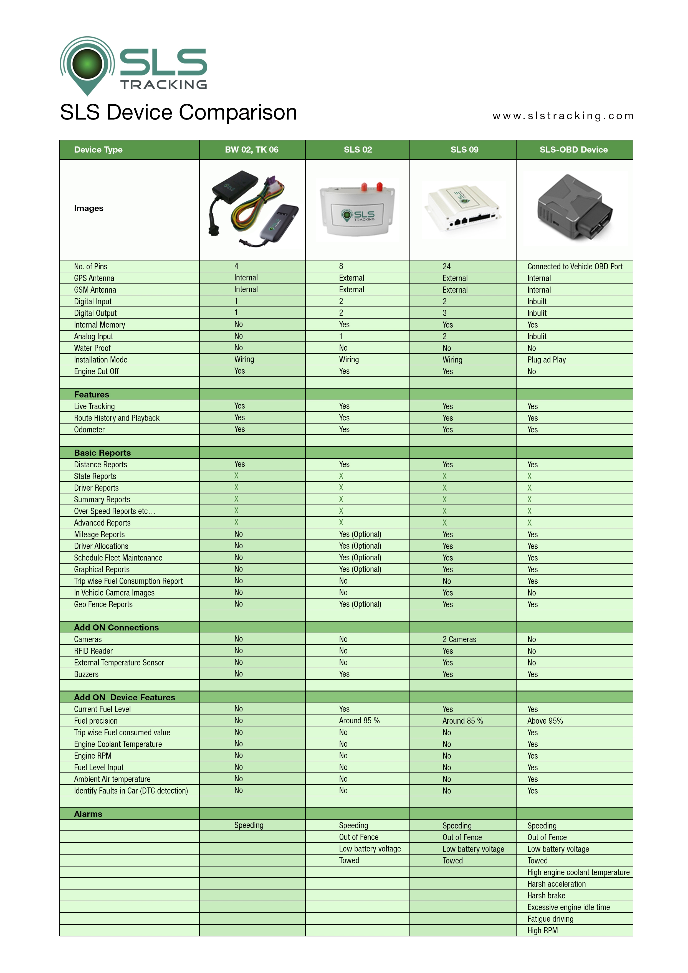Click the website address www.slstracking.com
[563, 116]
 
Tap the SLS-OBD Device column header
[573, 150]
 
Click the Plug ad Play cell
[547, 360]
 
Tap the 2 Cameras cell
[459, 639]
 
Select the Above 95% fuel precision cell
[545, 721]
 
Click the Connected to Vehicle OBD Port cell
[575, 267]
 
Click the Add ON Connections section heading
[116, 628]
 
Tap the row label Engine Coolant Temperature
[118, 744]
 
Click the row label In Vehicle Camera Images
[114, 593]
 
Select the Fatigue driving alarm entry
[550, 919]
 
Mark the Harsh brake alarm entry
[546, 895]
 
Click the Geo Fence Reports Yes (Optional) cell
[360, 604]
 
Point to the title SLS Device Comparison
[178, 112]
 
